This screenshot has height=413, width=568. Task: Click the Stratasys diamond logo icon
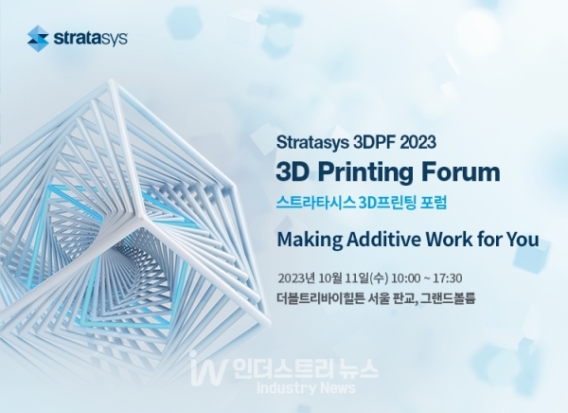point(38,39)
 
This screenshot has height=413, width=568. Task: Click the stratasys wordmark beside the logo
point(91,38)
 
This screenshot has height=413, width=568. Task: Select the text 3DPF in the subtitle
point(373,142)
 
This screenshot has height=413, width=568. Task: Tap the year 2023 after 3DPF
point(417,142)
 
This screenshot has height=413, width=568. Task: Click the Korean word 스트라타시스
point(315,202)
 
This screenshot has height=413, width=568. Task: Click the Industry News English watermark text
point(306,388)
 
